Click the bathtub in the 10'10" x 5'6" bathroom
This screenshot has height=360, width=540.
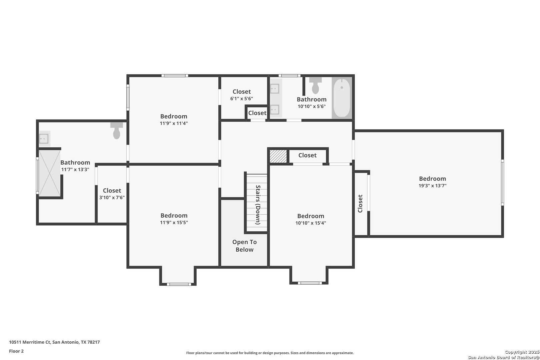pos(342,98)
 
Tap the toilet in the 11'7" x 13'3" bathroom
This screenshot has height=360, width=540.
pos(117,131)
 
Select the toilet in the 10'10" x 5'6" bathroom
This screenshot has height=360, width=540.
pos(315,85)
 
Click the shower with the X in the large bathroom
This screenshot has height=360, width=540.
pos(50,173)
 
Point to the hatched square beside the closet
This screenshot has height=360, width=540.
pos(278,156)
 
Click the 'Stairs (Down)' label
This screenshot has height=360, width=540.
pos(258,205)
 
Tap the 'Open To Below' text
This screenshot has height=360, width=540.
pos(244,246)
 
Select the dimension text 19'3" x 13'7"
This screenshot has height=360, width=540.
pos(432,186)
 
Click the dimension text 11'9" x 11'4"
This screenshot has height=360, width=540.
pos(174,123)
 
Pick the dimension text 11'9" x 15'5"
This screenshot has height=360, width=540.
pos(174,222)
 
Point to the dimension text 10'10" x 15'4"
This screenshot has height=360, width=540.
pos(311,223)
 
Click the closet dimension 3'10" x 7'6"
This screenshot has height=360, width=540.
pos(112,197)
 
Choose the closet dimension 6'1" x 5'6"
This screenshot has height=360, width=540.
pos(242,98)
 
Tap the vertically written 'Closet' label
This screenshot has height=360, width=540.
pos(360,204)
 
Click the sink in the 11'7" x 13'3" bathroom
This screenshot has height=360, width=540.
pos(44,139)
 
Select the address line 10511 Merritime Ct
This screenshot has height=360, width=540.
pos(30,342)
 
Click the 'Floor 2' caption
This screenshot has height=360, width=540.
pos(16,351)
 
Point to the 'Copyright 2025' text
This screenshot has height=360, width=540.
pos(522,352)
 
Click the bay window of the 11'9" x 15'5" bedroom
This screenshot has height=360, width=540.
pos(179,284)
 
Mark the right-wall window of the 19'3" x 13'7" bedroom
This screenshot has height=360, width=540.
pos(502,183)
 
